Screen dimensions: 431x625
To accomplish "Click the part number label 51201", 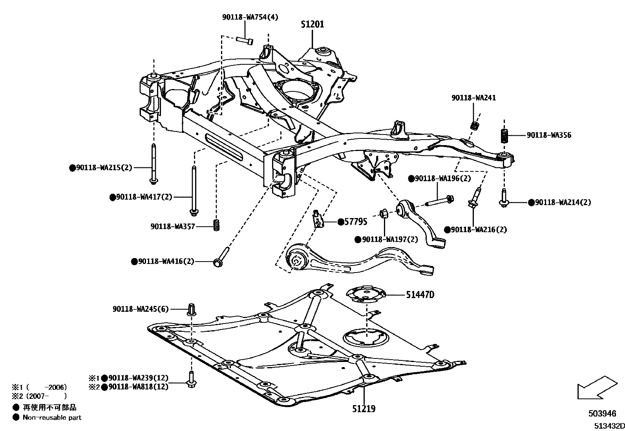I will point(312,24).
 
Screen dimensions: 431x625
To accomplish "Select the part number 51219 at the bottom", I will point(364,409).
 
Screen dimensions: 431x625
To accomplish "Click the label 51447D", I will point(420,295).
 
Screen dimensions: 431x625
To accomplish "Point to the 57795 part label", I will point(356,222).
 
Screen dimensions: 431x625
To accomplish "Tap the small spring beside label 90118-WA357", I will point(216,226).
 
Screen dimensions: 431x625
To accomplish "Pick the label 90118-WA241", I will point(473,98).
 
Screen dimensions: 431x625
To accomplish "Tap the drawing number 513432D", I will point(609,426).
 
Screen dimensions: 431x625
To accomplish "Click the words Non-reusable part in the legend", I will point(52,418).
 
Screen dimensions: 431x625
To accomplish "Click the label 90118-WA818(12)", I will point(138,387).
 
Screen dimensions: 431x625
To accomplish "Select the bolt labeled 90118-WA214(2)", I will point(504,198).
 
